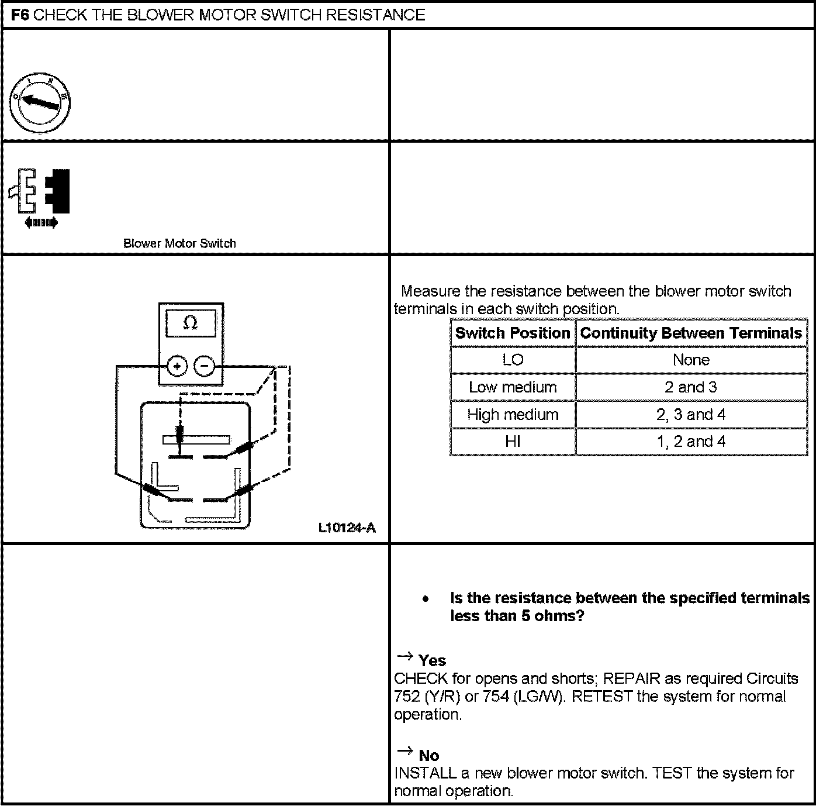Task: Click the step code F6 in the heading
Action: [x=21, y=15]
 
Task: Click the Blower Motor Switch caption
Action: [x=179, y=243]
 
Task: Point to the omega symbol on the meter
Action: [x=190, y=322]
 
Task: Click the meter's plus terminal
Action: [x=177, y=367]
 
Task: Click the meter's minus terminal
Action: [x=204, y=367]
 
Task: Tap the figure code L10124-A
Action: [x=347, y=528]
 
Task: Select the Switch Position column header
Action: [x=512, y=333]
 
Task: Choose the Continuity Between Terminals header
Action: [x=691, y=333]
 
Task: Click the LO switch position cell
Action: [x=513, y=360]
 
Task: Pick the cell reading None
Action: [x=691, y=360]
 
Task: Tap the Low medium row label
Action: [x=513, y=387]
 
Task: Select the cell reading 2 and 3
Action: [x=691, y=387]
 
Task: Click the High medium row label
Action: [x=513, y=415]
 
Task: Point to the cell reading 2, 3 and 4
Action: [x=691, y=415]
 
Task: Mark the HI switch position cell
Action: [x=513, y=442]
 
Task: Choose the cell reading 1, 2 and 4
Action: [x=691, y=442]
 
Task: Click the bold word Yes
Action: [x=432, y=661]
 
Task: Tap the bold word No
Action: [x=428, y=756]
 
